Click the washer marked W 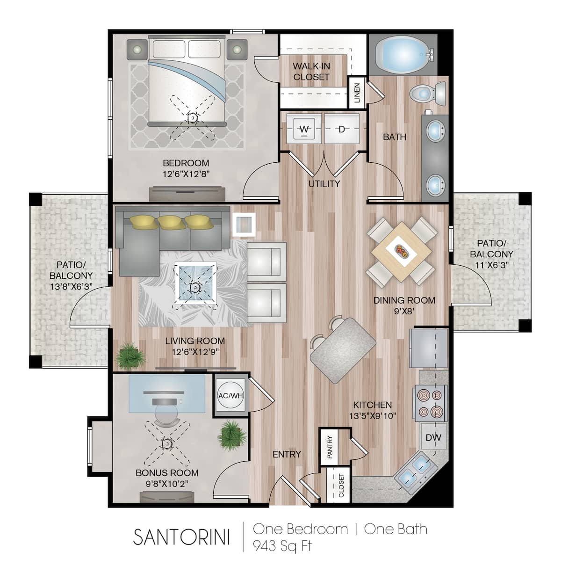(x=304, y=129)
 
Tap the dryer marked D (x=342, y=129)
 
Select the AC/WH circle (x=231, y=395)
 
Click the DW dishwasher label (x=433, y=437)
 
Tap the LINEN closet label (x=357, y=93)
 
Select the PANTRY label (x=330, y=447)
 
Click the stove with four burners (x=430, y=403)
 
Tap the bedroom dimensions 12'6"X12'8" (x=186, y=174)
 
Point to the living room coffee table (x=195, y=283)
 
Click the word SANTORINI (x=181, y=537)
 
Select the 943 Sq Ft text (x=282, y=546)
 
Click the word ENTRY (x=287, y=454)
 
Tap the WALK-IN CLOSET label (x=311, y=72)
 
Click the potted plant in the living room (x=130, y=356)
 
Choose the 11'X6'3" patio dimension (x=492, y=265)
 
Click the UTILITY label (x=324, y=183)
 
